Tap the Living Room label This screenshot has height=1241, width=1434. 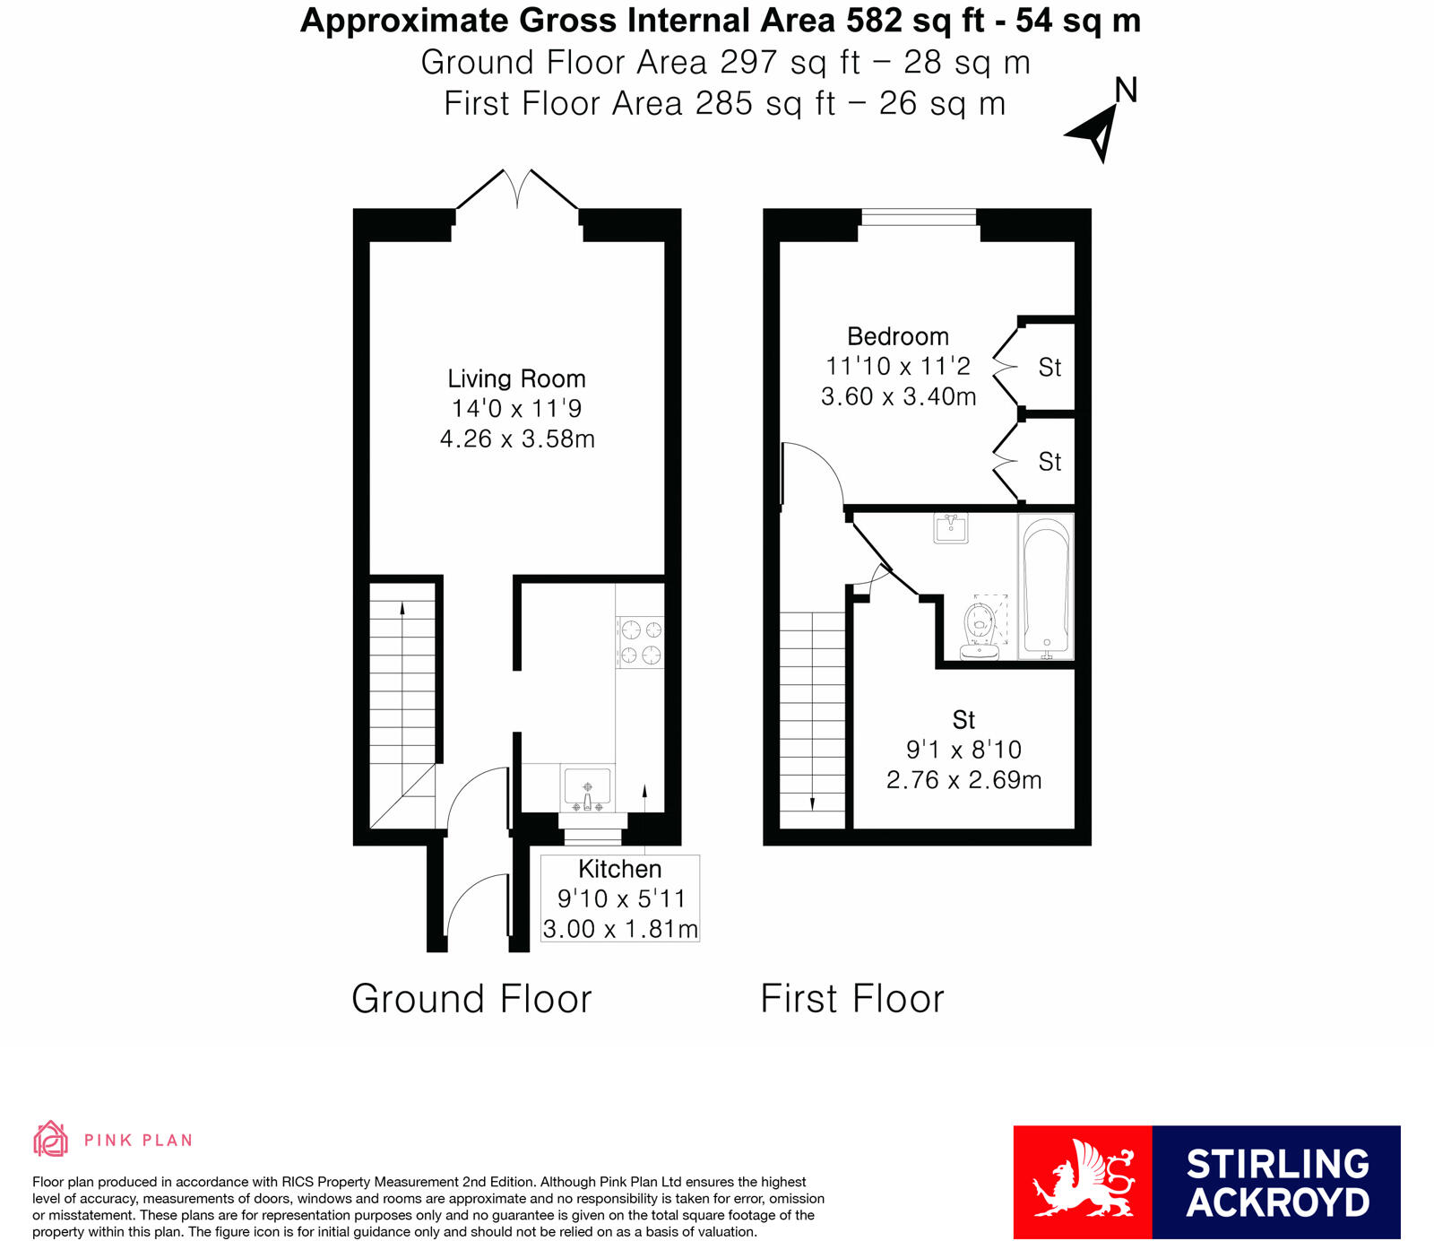pos(516,378)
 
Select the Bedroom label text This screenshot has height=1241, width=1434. pos(897,336)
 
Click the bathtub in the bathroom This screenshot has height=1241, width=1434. pos(1046,587)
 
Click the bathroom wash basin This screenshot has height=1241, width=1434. pos(951,528)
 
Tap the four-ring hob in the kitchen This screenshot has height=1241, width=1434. pos(640,642)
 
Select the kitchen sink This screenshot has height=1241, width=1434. pos(587,786)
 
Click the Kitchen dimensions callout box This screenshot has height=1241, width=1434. pos(619,898)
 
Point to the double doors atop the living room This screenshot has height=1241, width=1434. pos(517,190)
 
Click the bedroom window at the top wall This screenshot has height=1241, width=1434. pos(918,217)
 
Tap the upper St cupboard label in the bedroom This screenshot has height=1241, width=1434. pos(1050,368)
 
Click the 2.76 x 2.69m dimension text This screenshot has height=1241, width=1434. pos(963,780)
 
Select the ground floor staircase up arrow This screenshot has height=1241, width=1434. pos(402,610)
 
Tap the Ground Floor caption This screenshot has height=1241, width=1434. pos(471,999)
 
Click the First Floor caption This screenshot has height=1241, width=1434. pos(852,999)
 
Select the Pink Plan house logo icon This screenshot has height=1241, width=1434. pos(50,1139)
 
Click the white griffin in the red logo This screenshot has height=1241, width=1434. pos(1083,1182)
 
